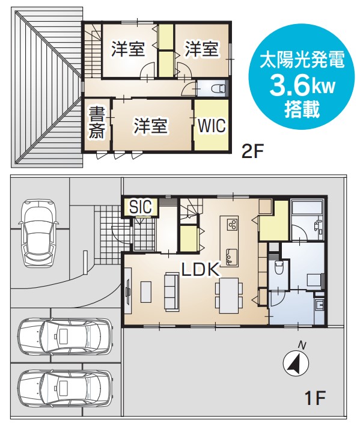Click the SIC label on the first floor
tap(140, 207)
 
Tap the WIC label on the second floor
tap(212, 126)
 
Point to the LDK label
tap(200, 269)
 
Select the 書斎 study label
tap(97, 123)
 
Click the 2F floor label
tap(252, 152)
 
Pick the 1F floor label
tap(316, 397)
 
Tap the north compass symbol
tap(296, 363)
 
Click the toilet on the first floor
tap(278, 267)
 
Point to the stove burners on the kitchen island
tap(233, 224)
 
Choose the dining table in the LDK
tap(229, 296)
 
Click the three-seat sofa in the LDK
tap(171, 291)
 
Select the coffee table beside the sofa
tap(145, 292)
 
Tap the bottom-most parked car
tap(65, 386)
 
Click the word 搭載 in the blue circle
tap(302, 109)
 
